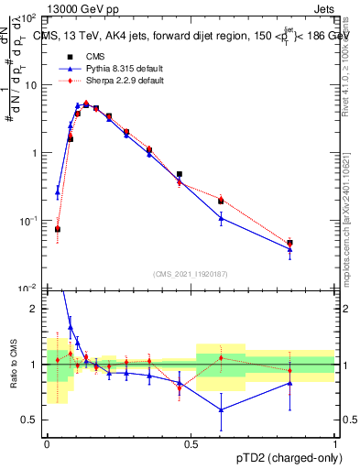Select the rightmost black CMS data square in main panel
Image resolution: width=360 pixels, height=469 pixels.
(x=290, y=243)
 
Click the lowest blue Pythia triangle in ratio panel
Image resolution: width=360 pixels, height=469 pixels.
(x=221, y=409)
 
